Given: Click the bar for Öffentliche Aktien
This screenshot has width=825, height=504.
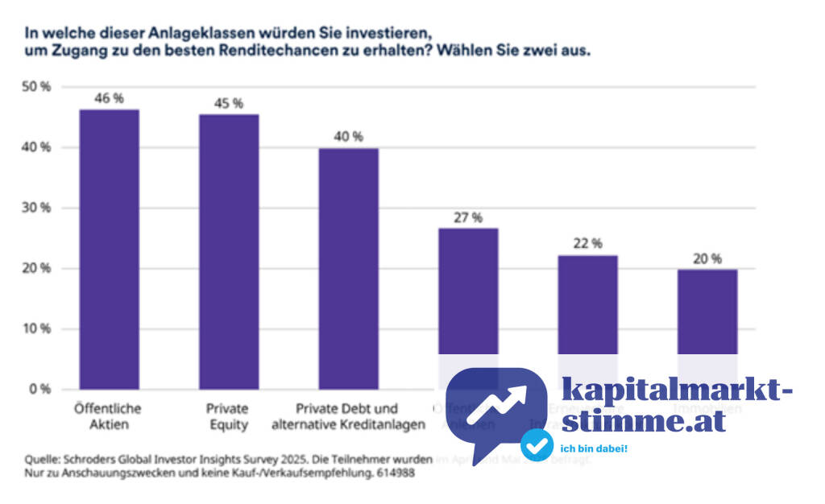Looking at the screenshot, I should (x=109, y=250).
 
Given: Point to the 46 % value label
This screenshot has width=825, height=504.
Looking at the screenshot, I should (x=109, y=97).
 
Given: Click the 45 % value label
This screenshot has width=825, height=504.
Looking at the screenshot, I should (x=230, y=103).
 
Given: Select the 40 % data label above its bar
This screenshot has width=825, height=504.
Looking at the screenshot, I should (x=348, y=137).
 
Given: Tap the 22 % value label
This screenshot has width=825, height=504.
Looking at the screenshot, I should (x=587, y=244).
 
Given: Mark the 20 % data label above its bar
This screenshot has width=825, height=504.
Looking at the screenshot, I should (x=707, y=258).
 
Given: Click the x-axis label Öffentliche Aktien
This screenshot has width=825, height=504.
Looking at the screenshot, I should (x=109, y=415).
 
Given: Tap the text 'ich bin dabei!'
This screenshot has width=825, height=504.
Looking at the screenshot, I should (x=593, y=447).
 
